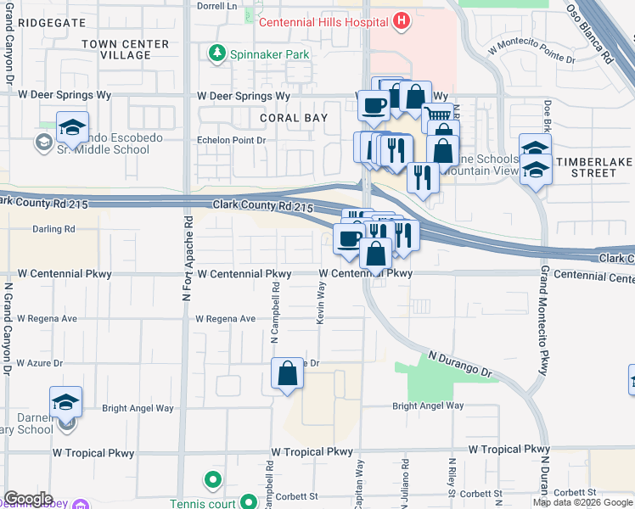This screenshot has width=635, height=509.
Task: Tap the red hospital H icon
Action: click(x=402, y=20)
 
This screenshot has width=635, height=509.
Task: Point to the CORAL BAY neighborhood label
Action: click(x=294, y=118)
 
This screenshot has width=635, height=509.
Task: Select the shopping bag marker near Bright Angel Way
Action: click(x=288, y=373)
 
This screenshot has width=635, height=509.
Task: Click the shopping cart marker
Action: click(x=436, y=115)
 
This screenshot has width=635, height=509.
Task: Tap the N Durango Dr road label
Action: click(x=460, y=365)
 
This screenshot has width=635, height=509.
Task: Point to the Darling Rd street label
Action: click(x=53, y=229)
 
